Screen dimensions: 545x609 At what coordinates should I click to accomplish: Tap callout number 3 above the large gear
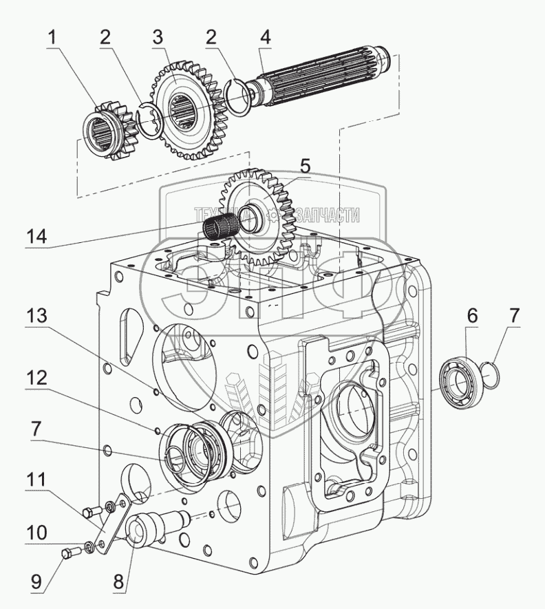158,37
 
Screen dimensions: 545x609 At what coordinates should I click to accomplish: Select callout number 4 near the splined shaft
266,37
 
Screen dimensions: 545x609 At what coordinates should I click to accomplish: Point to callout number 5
306,167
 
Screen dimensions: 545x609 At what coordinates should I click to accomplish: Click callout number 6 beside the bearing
471,316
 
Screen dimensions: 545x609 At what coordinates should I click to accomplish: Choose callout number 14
36,237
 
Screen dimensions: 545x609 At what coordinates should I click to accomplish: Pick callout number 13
36,316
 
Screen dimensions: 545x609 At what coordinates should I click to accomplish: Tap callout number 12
36,378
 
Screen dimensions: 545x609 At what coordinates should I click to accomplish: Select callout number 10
36,533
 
